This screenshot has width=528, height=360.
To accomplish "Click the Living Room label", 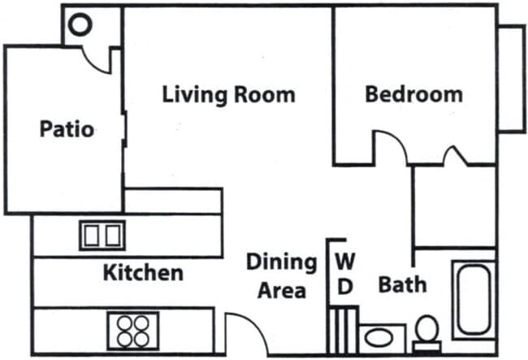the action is coord(228,94).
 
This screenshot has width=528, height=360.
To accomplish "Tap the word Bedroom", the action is coord(413,94).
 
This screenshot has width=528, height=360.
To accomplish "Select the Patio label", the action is coord(67,128).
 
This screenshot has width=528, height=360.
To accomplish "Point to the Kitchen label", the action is coord(143,272).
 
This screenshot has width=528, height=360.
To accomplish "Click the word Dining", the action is coord(282,262).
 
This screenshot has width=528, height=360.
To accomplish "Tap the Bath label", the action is coord(402,284).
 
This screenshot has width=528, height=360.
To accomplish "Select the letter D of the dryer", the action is coord(344,287).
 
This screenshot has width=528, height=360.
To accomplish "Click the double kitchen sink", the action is coord(102,236).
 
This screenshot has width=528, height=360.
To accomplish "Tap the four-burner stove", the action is coord(133,331).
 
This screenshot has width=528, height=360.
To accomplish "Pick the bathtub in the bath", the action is coord(474,300).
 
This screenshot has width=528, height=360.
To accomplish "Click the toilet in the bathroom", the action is coord(427,334).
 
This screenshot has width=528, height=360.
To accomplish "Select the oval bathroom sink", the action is coord(379,337).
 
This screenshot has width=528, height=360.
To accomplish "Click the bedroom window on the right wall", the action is coord(511,79).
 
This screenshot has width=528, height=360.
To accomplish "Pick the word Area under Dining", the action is coord(282,291).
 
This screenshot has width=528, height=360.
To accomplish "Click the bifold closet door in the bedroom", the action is coord(455,155).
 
